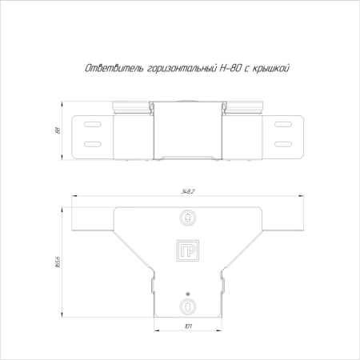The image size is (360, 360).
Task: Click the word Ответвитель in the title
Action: (x=114, y=69)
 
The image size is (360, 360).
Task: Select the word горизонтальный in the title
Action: (x=182, y=69)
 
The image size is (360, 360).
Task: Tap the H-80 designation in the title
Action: (x=230, y=68)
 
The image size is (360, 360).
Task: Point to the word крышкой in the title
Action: (x=270, y=69)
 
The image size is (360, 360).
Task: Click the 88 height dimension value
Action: (x=58, y=130)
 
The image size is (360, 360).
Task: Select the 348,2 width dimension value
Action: (x=188, y=191)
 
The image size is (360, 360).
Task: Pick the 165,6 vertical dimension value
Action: (x=58, y=262)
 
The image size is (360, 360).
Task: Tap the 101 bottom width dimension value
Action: (x=188, y=326)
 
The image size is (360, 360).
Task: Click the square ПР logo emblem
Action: (x=188, y=250)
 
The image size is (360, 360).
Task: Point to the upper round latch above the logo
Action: (x=188, y=218)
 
